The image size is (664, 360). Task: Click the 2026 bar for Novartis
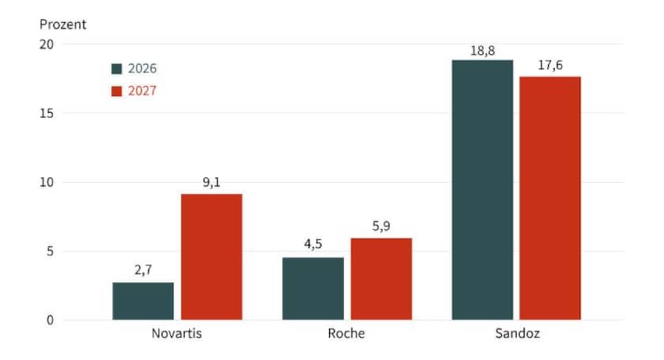coord(143,301)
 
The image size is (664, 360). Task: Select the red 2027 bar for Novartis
coord(212,257)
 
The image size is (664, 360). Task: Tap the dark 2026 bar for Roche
coord(313,288)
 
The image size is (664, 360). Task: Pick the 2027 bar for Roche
coord(381,279)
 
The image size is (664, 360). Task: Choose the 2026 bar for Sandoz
coord(483,190)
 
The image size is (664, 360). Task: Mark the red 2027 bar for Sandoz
coord(550,198)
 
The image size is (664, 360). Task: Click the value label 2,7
coord(143,271)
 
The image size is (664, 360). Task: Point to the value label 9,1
coord(212,182)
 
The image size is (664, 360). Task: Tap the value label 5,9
coord(381,226)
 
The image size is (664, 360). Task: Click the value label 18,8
coord(483,49)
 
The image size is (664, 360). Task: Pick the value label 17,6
coord(550,65)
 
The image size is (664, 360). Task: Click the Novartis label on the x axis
coord(177,333)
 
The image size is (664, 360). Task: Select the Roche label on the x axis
coord(347,333)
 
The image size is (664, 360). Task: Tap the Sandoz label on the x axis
coord(516,333)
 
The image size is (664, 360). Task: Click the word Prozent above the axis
coord(63,24)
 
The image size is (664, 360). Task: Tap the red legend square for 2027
coord(117,91)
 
